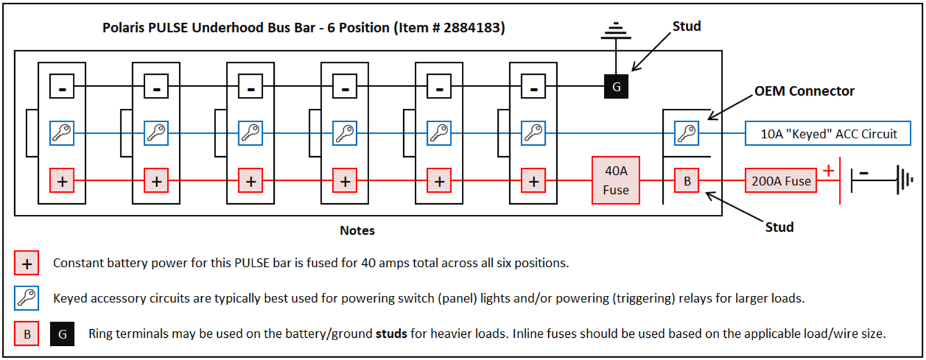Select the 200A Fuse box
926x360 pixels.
click(781, 182)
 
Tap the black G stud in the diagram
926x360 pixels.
click(615, 87)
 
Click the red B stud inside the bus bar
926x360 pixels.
click(686, 182)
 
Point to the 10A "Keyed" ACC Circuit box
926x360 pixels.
click(828, 133)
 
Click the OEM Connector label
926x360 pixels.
click(804, 91)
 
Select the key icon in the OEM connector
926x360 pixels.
click(686, 133)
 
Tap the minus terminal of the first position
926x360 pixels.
click(62, 87)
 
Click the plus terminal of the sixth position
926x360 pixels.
click(533, 182)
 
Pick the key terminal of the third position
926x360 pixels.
click(251, 133)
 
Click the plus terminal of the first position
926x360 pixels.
click(62, 182)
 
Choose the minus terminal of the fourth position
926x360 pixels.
click(345, 87)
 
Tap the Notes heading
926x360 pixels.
click(357, 231)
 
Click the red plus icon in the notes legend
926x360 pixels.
click(27, 263)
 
